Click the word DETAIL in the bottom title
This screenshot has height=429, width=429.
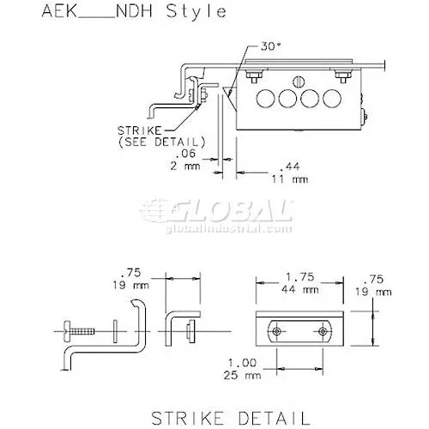pyautogui.click(x=268, y=418)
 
